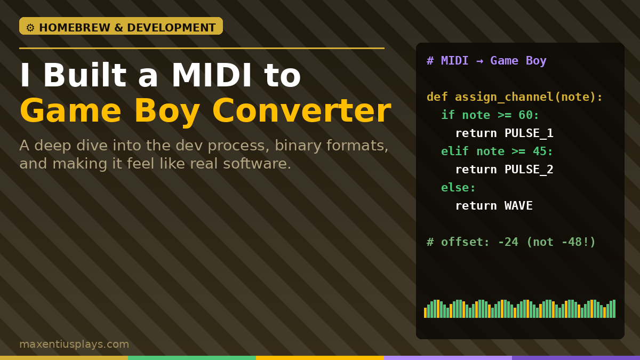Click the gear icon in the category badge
[30, 28]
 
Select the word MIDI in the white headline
[212, 75]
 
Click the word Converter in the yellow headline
[301, 110]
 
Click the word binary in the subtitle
[297, 146]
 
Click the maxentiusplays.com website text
[74, 344]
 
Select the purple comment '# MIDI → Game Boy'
[486, 61]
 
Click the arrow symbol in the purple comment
[479, 61]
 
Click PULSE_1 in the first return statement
[529, 133]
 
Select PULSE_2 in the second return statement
[529, 170]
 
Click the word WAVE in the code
[518, 206]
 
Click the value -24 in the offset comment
[508, 242]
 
